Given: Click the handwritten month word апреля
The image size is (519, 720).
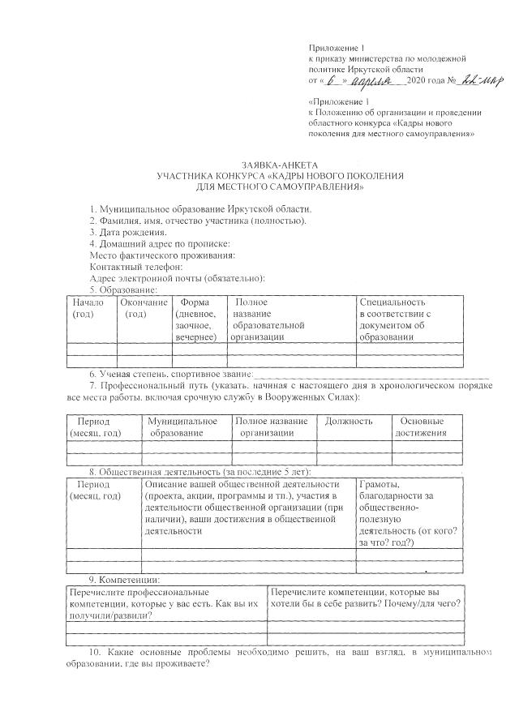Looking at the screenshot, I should [x=379, y=80].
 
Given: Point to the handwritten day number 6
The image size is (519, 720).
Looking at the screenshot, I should [x=335, y=80].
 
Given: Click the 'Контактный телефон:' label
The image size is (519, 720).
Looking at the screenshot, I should [x=135, y=267].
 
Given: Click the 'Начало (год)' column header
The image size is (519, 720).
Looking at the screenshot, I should [x=88, y=307].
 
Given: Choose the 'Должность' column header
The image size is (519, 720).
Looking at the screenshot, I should [x=349, y=421].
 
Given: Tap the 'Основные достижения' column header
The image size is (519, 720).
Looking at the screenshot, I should [x=421, y=426].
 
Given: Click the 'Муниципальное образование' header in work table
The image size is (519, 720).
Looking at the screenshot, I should [x=183, y=426].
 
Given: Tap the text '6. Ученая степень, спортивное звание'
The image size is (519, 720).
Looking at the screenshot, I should [x=170, y=375].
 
